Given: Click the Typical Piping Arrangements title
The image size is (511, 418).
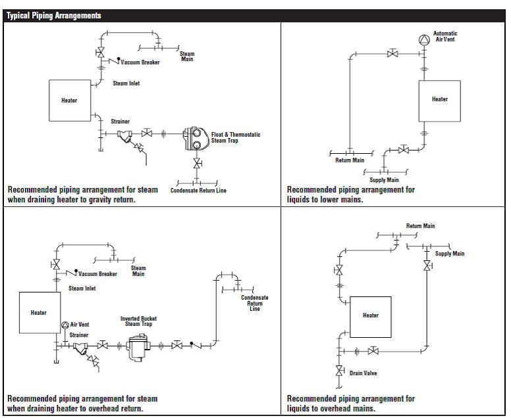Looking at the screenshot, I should point(54,16).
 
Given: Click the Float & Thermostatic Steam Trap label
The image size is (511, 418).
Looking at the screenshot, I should point(235,137).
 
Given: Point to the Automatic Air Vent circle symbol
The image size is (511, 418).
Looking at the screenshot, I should point(423,39).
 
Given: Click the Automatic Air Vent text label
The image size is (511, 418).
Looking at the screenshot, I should point(445,36).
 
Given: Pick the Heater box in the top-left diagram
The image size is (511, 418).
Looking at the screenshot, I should point(69,101).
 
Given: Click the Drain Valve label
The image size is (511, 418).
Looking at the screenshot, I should point(363,373).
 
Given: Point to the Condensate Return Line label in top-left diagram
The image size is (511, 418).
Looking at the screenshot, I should point(198,191).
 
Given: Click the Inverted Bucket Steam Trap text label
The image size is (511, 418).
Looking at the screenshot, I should point(138,321).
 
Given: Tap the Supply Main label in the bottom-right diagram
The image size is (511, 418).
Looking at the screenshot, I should point(449,254).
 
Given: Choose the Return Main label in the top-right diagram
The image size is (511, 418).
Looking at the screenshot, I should point(349,160).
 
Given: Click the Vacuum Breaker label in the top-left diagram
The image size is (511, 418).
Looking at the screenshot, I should point(140,62).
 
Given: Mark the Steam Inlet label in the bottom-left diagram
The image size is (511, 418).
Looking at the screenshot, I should point(82,288).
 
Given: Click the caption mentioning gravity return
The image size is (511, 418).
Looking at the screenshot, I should point(82,195).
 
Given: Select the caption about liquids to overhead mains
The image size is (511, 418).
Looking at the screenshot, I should point(350,403).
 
